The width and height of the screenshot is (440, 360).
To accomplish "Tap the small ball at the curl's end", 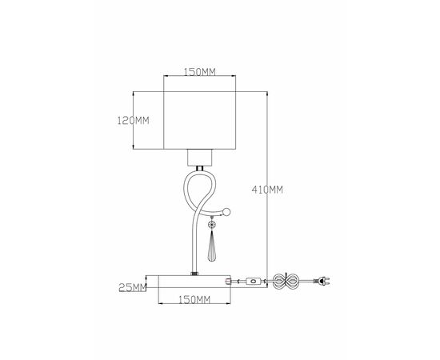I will (x=227, y=213).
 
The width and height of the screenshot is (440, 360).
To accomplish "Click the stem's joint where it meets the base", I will (x=194, y=273).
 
